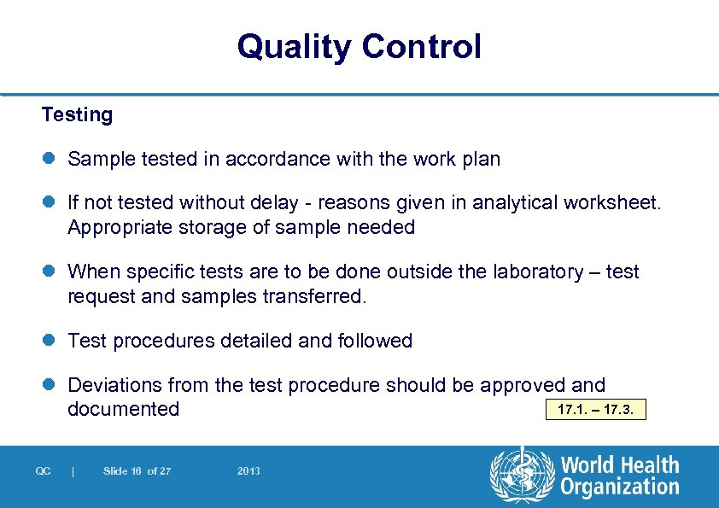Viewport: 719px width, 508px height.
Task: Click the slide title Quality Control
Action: [x=359, y=46]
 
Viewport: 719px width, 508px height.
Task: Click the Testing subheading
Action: [x=77, y=114]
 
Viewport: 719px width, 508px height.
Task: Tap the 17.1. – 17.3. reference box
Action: [x=595, y=410]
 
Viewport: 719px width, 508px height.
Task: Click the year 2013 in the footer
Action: [x=248, y=471]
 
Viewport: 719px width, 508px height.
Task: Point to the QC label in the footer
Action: [x=43, y=471]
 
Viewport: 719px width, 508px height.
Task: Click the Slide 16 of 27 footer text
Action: [x=137, y=471]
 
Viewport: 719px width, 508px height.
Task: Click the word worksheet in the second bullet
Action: [x=616, y=203]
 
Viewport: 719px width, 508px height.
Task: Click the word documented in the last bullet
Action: [x=123, y=409]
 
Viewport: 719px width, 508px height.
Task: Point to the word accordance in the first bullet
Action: [x=271, y=160]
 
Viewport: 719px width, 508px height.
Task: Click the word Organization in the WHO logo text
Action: [x=619, y=488]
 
